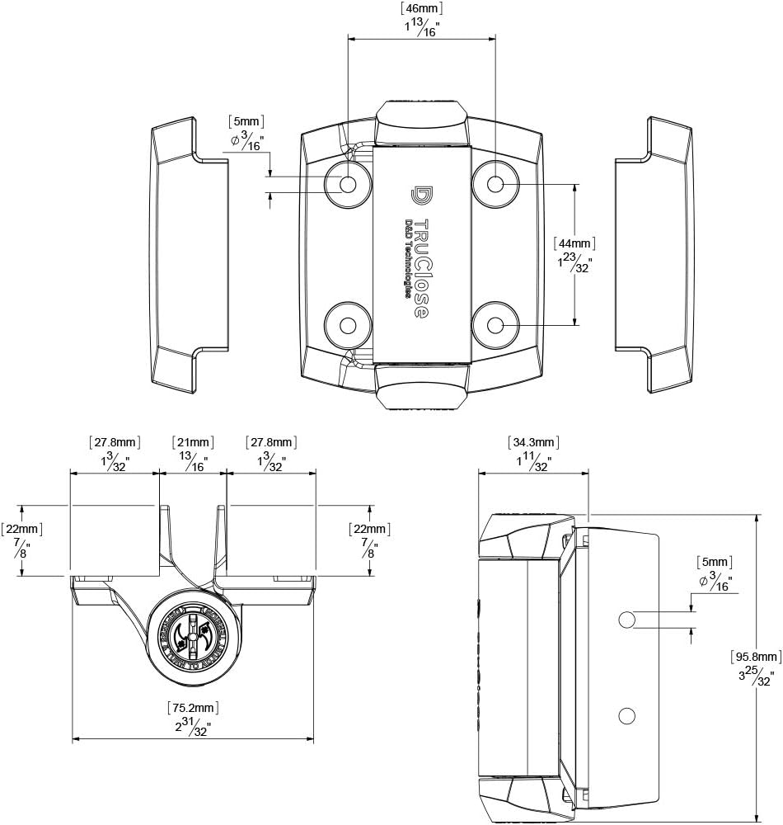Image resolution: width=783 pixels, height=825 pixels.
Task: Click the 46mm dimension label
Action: [x=421, y=9]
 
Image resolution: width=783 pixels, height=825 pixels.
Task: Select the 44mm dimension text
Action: [x=574, y=243]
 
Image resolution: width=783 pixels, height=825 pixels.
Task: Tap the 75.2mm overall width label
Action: [x=193, y=707]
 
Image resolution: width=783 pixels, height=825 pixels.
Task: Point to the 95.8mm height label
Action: [x=755, y=657]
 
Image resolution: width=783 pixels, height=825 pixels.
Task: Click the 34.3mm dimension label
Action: [x=534, y=442]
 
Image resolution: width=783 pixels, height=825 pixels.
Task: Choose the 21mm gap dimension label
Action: [x=192, y=442]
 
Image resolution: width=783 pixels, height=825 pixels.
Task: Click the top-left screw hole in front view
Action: [x=348, y=184]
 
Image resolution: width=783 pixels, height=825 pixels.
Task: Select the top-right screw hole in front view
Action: [x=495, y=184]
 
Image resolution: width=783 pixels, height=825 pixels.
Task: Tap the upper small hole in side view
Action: [x=626, y=619]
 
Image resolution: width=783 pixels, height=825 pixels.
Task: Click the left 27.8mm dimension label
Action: [x=114, y=442]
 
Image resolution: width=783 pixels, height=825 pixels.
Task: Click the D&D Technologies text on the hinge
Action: [x=409, y=259]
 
